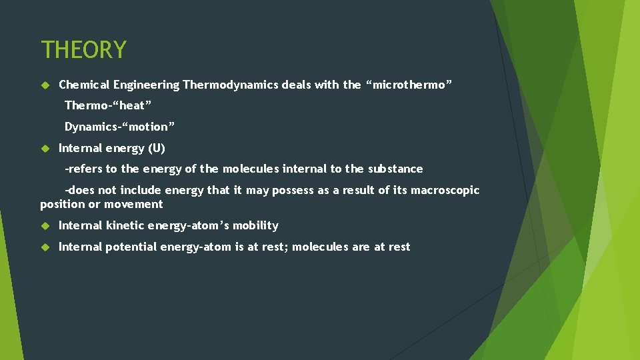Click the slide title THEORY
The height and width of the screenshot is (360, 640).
pos(83,50)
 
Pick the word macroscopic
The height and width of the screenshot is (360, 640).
pos(445,190)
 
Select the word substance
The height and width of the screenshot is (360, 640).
pos(397,169)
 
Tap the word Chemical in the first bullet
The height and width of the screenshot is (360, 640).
pos(85,85)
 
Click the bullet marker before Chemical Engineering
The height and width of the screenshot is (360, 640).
pos(45,85)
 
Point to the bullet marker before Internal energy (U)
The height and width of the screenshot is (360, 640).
pos(45,149)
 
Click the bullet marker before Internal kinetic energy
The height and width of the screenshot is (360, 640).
pos(45,226)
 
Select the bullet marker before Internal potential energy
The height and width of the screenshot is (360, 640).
pos(45,247)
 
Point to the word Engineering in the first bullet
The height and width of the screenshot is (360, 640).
pos(146,85)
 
